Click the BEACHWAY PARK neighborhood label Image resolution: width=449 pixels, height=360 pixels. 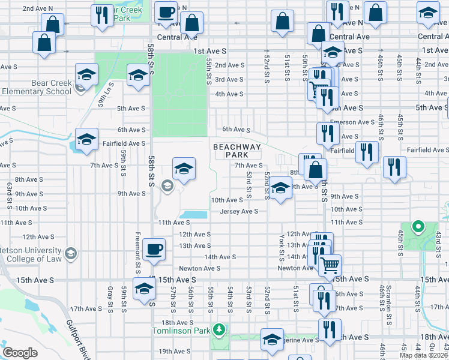point(238,151)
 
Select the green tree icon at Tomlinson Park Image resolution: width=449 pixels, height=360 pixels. point(220,329)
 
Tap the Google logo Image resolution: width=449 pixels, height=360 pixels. point(20,353)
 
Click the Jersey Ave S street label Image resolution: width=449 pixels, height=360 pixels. point(239,211)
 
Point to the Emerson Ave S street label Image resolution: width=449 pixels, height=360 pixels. point(357,122)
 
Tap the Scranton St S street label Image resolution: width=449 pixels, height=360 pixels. point(392,298)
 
